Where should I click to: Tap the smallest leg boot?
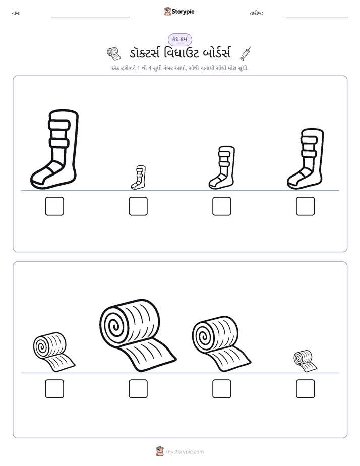click(139, 178)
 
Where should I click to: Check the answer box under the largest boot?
click(54, 206)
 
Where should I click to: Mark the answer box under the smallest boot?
click(138, 206)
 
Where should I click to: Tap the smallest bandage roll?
click(305, 361)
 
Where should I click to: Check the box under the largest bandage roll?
click(138, 389)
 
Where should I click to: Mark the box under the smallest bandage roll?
click(306, 389)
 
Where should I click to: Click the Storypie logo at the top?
click(179, 11)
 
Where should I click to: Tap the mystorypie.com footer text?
click(185, 452)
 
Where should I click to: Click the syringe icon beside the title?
click(246, 54)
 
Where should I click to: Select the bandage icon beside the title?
click(114, 53)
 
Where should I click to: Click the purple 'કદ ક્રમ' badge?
click(180, 39)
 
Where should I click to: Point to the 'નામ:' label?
click(16, 13)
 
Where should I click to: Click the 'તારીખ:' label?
click(256, 13)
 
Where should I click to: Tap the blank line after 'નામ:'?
click(90, 17)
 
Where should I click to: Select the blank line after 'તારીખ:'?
click(317, 17)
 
